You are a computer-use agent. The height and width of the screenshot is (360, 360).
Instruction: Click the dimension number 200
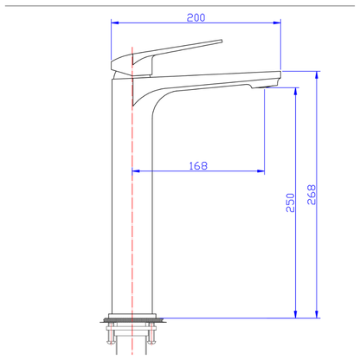tap(198, 17)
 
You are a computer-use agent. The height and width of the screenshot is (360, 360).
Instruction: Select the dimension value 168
tap(198, 165)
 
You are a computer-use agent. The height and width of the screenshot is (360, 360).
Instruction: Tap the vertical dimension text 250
tap(291, 202)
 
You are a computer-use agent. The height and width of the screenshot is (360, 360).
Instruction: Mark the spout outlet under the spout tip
tap(257, 87)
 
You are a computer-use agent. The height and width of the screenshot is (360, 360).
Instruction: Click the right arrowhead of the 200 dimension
tap(279, 25)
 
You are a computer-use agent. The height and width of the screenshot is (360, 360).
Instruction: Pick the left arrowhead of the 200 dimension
tap(115, 25)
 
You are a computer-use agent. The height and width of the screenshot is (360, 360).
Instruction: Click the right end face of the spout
tap(281, 75)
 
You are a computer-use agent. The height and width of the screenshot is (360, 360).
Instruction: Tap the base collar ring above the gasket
tap(131, 315)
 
